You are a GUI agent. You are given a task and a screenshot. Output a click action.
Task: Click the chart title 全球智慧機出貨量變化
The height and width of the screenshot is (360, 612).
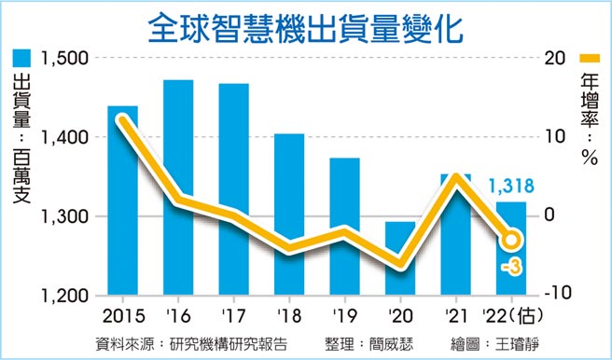306,27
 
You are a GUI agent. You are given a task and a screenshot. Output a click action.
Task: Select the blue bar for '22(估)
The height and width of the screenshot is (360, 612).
510,270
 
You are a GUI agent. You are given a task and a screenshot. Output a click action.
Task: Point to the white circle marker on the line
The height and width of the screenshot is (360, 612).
511,241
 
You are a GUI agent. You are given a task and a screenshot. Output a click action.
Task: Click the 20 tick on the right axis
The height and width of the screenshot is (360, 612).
554,58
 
